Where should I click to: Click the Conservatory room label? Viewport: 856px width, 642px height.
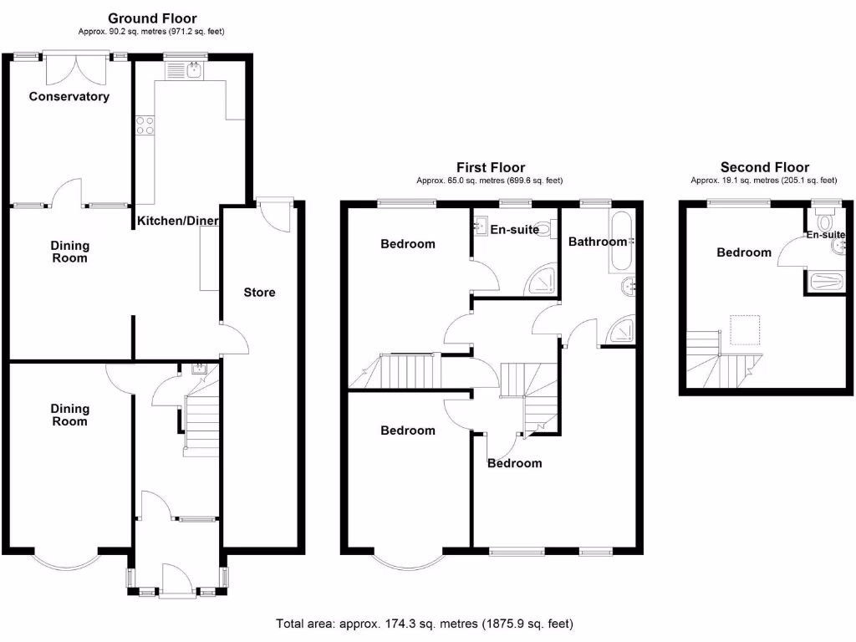pos(69,96)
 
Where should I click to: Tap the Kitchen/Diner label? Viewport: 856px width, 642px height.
pos(178,221)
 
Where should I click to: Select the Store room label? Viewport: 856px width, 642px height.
pos(259,293)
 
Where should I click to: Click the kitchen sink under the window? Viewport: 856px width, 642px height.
pos(185,71)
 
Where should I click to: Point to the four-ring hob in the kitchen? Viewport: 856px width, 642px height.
pos(144,125)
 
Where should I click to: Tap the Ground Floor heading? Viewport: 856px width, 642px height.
pos(152,18)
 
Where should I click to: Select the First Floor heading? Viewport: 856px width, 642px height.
pos(490,167)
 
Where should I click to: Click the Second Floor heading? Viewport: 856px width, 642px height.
pos(764,167)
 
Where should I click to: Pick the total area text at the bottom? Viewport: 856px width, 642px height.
pos(425,624)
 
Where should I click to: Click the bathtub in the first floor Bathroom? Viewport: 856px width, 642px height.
pos(621,242)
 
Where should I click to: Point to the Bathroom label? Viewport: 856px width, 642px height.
pos(597,242)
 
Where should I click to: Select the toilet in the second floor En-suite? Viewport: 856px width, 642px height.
pos(826,222)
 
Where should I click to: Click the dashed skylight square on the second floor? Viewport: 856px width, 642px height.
pos(745,329)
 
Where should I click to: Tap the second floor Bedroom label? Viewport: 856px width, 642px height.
pos(744,252)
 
